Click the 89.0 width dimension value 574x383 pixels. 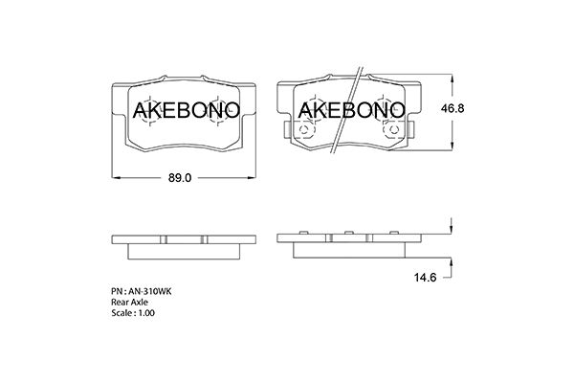click(x=182, y=178)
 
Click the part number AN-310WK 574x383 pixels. click(x=143, y=289)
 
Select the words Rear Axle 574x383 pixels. click(x=131, y=301)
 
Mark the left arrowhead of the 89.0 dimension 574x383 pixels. click(x=117, y=179)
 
